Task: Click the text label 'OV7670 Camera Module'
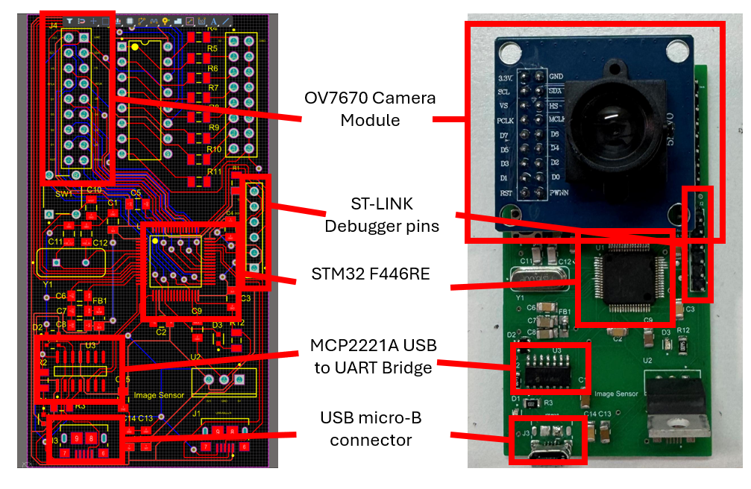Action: tap(369, 109)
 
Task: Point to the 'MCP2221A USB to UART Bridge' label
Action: tap(373, 356)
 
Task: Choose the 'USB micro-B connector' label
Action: tap(371, 429)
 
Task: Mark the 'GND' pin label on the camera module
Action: tap(556, 76)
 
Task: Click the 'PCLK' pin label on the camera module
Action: tap(506, 119)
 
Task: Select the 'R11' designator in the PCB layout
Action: tap(215, 171)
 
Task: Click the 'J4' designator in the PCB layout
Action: tap(53, 25)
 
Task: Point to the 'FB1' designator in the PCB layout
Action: tap(100, 301)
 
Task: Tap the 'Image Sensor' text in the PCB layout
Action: tap(159, 395)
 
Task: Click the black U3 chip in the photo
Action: tap(550, 369)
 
